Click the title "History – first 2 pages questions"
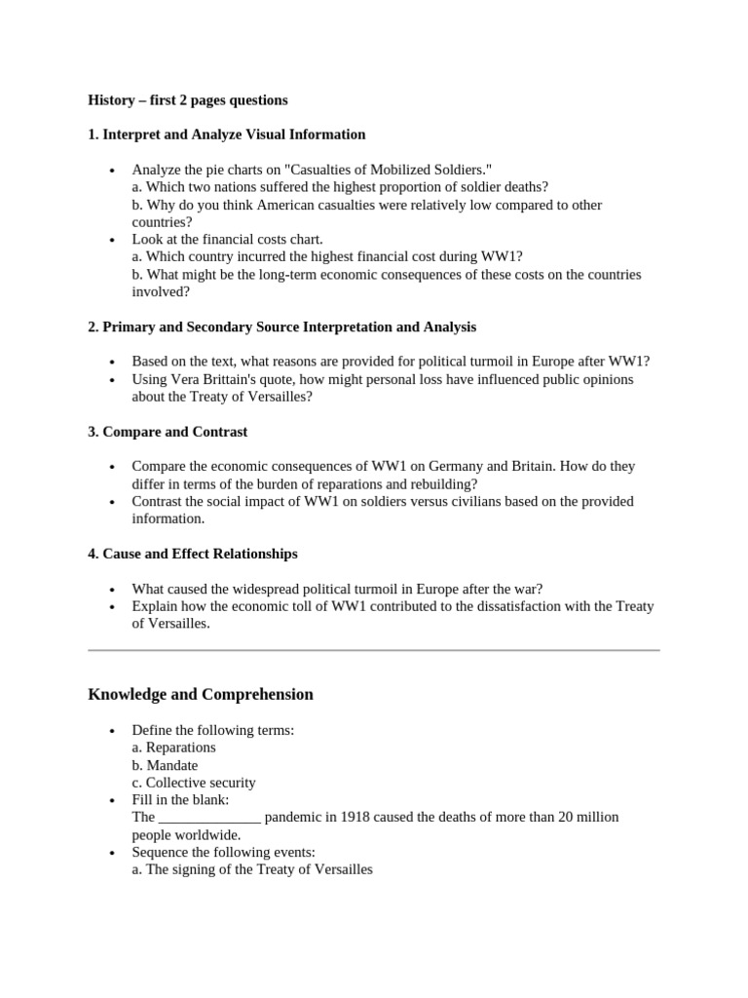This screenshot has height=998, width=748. click(187, 100)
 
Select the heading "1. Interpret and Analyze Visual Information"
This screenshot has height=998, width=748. click(227, 134)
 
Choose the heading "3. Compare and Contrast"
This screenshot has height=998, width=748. click(168, 432)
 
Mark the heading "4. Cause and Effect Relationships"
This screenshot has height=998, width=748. click(193, 554)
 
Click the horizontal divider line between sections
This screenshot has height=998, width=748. click(374, 649)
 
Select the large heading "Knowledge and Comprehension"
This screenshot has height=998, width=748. click(201, 694)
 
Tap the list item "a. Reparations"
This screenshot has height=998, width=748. click(174, 748)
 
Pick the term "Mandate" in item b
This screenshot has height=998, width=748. click(172, 765)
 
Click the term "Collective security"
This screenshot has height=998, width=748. click(201, 783)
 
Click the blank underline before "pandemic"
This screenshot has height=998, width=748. click(209, 818)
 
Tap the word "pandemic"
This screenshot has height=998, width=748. click(296, 818)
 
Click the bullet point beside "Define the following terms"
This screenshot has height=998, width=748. click(114, 731)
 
